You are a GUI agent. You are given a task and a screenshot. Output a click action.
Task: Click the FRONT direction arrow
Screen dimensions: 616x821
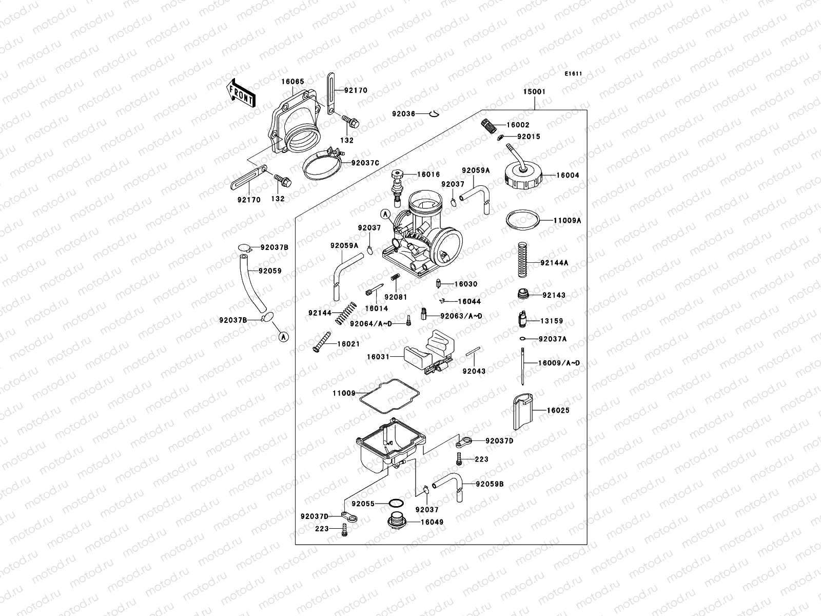click(x=241, y=93)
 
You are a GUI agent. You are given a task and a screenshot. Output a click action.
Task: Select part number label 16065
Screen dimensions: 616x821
click(x=292, y=81)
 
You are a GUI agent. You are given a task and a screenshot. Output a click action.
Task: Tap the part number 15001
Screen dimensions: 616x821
click(x=534, y=92)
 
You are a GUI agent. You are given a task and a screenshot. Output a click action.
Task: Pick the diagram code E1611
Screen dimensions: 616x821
click(x=574, y=74)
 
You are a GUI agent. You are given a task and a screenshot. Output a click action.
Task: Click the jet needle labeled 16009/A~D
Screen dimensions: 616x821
click(x=522, y=366)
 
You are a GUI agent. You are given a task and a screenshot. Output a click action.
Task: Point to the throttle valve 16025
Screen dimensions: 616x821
click(x=523, y=411)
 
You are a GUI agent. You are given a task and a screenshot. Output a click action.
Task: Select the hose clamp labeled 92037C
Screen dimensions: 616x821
click(x=321, y=164)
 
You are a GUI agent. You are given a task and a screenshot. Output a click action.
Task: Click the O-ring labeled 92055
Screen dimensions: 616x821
click(x=396, y=504)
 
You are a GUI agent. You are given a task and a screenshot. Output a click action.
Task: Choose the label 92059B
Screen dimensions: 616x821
click(x=490, y=484)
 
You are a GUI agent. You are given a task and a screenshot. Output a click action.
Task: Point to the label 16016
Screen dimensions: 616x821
click(x=428, y=175)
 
